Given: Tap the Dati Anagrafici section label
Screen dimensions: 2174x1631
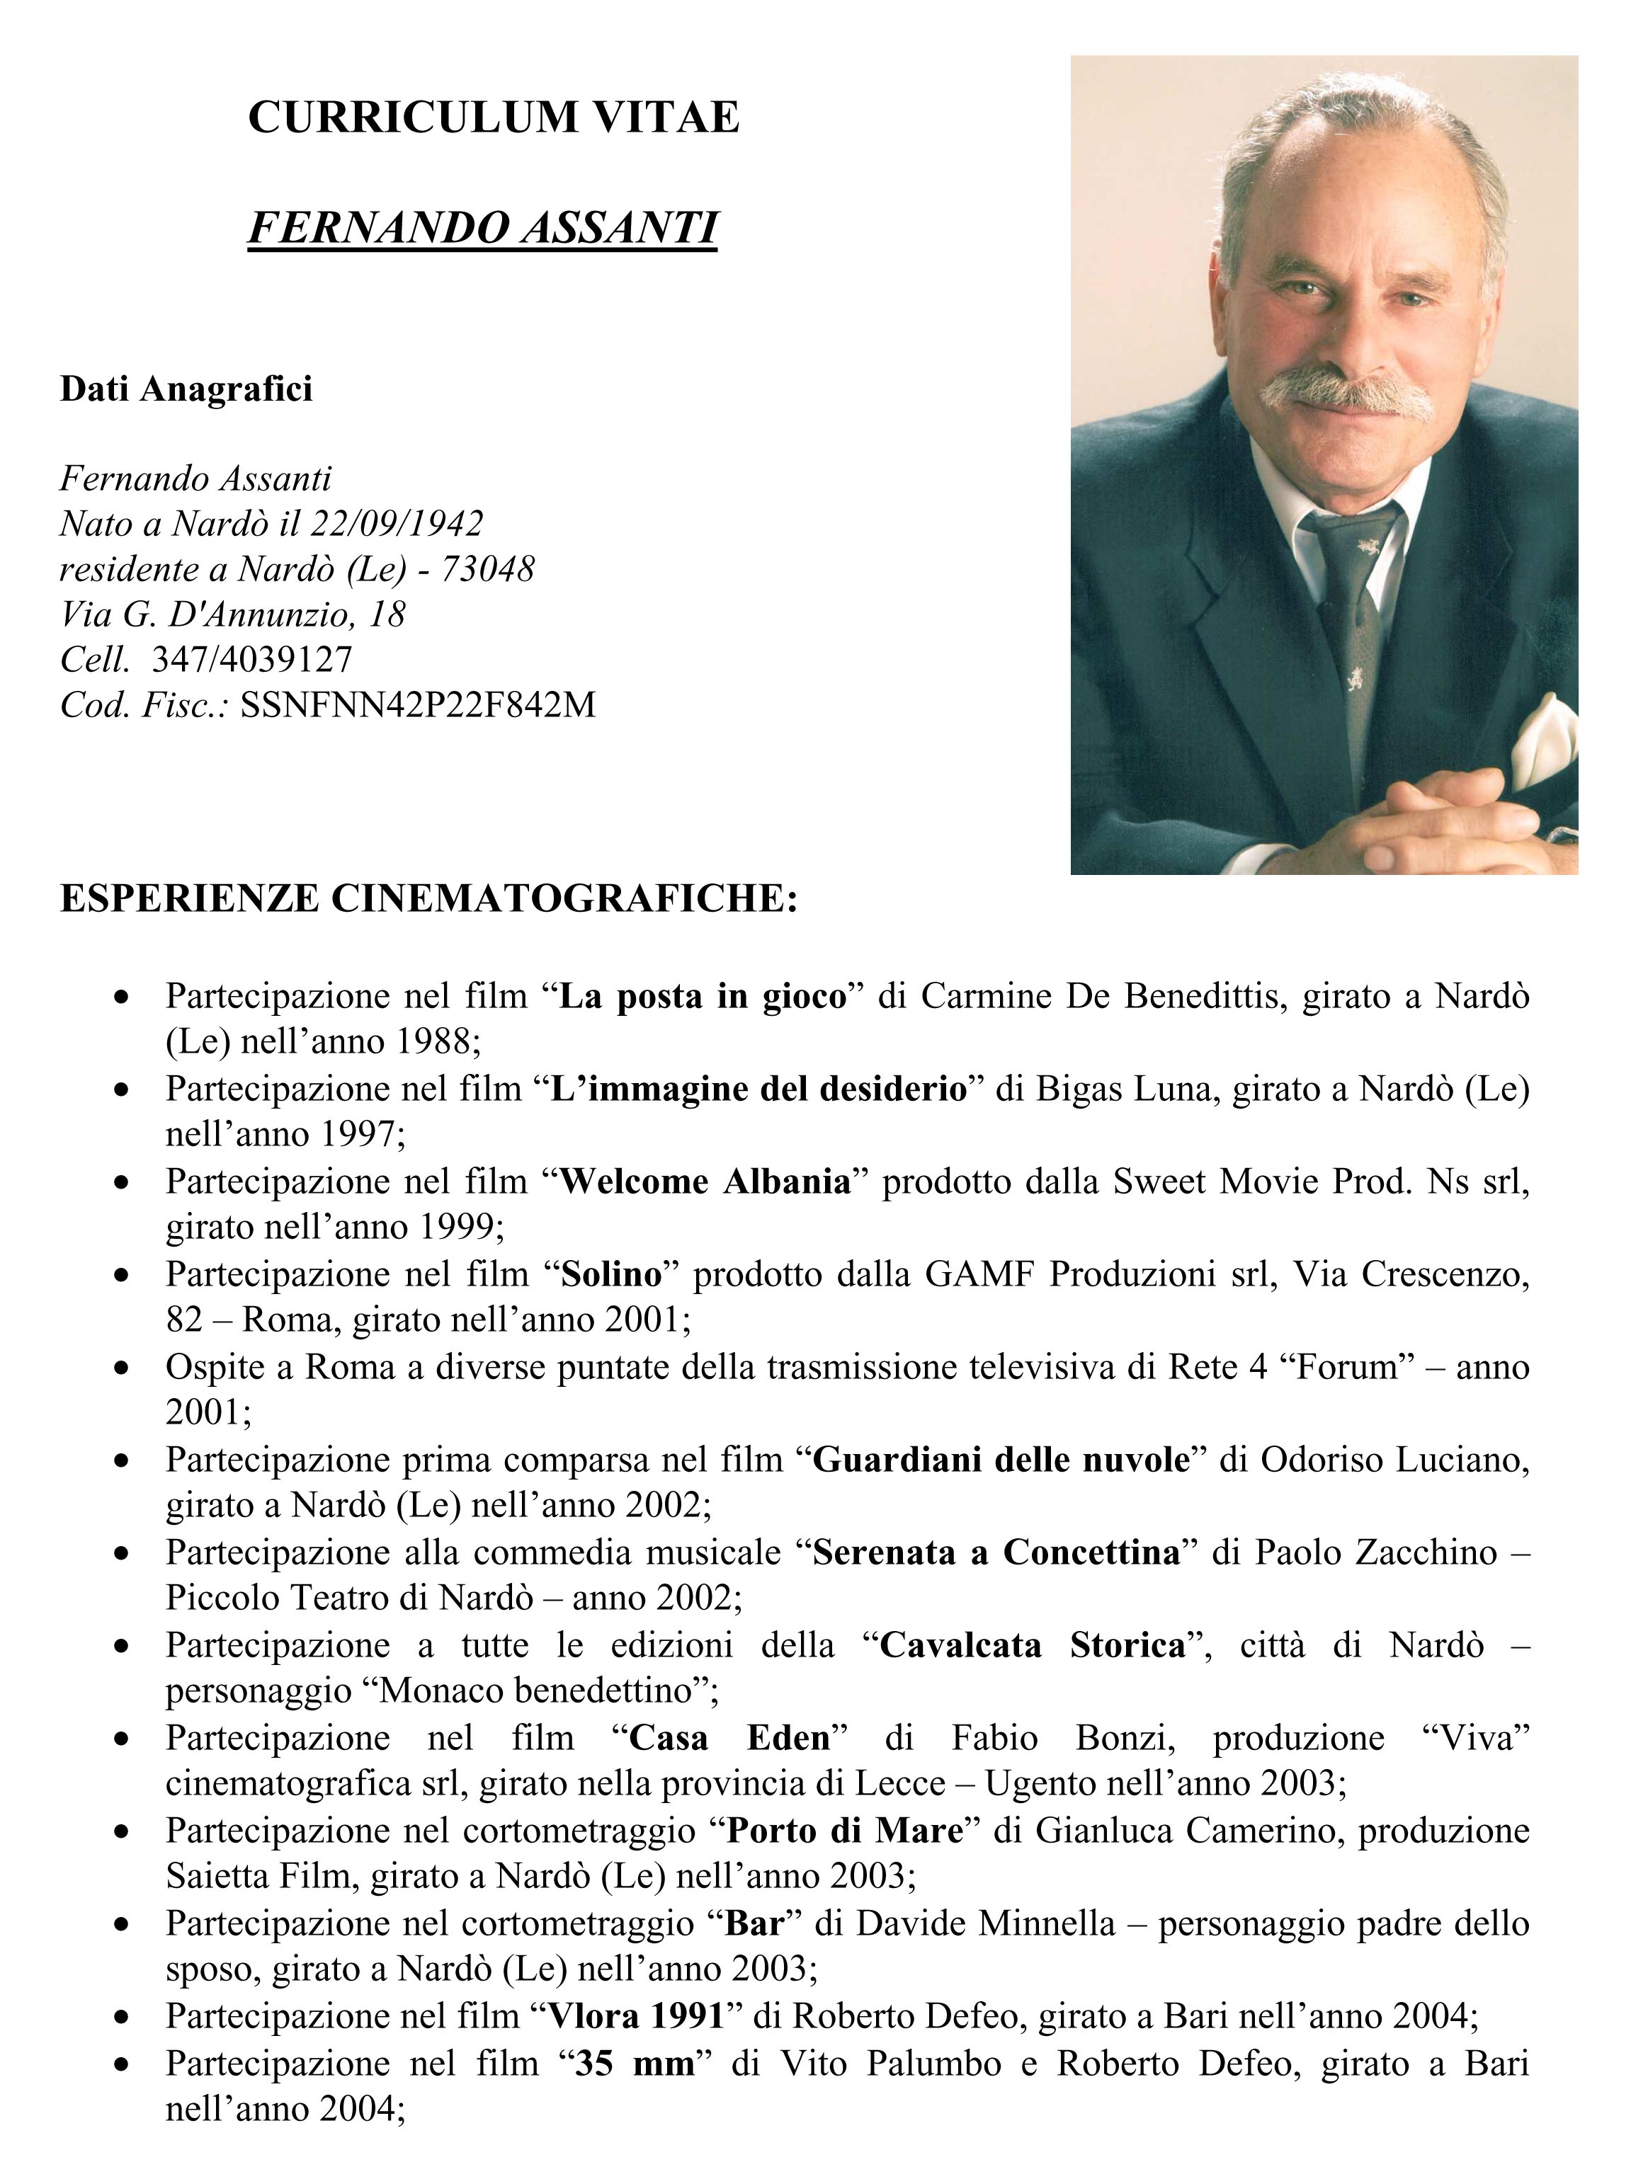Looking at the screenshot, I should pyautogui.click(x=186, y=389).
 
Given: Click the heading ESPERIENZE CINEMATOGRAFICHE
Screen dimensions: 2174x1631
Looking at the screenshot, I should pyautogui.click(x=428, y=899).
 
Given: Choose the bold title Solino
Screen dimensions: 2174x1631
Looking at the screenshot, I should pyautogui.click(x=610, y=1274).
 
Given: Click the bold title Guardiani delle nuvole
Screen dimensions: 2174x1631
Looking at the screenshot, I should pyautogui.click(x=1001, y=1460).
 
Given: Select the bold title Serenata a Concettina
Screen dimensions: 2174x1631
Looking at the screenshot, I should pyautogui.click(x=996, y=1552).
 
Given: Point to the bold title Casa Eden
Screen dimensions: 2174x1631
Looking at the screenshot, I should pyautogui.click(x=729, y=1738).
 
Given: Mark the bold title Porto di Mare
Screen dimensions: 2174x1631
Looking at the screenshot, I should pyautogui.click(x=844, y=1830).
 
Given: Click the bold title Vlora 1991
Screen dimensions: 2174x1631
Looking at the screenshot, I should pyautogui.click(x=636, y=2015).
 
